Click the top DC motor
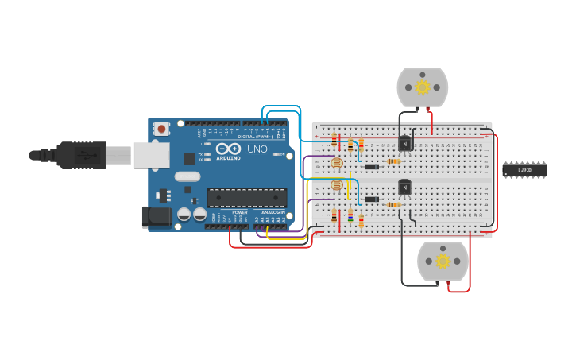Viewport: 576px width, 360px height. click(422, 87)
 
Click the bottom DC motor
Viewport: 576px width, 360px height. click(443, 261)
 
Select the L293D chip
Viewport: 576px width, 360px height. click(524, 169)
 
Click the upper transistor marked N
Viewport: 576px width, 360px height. click(404, 144)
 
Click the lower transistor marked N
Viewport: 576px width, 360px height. click(404, 187)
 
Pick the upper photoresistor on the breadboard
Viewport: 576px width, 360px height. click(336, 163)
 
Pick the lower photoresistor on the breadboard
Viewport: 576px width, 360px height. click(336, 185)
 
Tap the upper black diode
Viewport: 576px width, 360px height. click(371, 166)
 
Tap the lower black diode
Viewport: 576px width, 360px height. click(371, 199)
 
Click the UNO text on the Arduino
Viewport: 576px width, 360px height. click(257, 149)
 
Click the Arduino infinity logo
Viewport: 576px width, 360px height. click(228, 149)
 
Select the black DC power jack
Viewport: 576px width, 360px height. click(157, 216)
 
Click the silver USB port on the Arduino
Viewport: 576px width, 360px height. click(151, 155)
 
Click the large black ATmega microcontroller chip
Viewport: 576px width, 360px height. click(246, 198)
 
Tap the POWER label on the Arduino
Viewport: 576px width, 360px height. click(240, 213)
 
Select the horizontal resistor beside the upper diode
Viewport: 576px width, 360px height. click(393, 161)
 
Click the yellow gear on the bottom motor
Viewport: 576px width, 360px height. click(443, 261)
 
